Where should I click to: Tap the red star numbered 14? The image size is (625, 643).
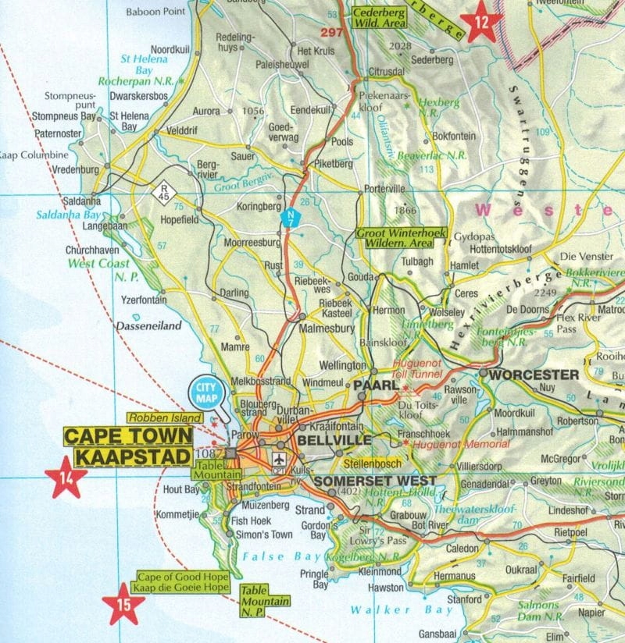click(66, 477)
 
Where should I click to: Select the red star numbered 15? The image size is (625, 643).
click(124, 603)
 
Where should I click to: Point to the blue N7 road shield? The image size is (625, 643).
click(290, 219)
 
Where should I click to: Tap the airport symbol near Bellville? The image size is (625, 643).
click(279, 460)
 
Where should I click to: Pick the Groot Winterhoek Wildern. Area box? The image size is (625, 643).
click(397, 238)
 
